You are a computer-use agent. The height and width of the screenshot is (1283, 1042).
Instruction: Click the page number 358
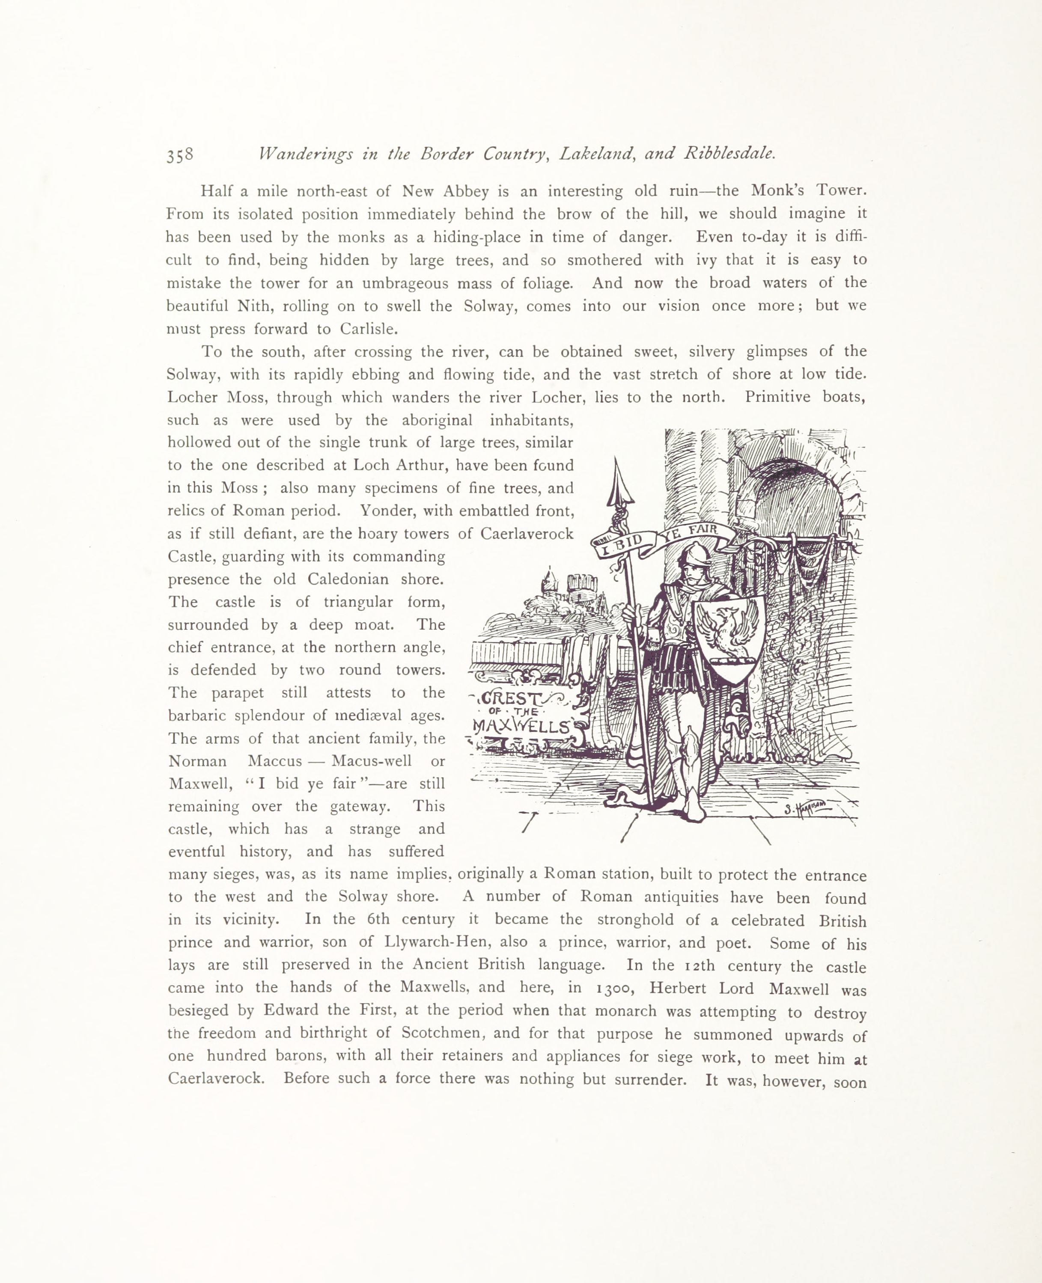pyautogui.click(x=180, y=155)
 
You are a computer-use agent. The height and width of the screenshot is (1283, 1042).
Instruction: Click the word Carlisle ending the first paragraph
pyautogui.click(x=368, y=329)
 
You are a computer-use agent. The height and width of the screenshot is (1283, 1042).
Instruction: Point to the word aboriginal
pyautogui.click(x=437, y=420)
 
